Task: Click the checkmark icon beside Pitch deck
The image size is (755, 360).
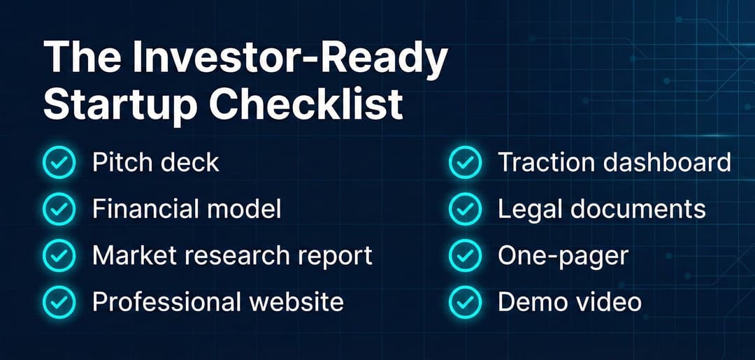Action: pos(59,163)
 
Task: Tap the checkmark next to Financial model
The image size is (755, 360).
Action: pos(59,209)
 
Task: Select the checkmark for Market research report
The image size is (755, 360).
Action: pos(59,255)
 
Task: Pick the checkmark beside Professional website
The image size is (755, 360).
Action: pos(59,301)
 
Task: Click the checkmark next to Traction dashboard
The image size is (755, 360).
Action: pos(465,163)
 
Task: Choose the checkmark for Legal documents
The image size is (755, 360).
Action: pos(465,209)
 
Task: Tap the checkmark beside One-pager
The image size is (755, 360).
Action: pos(465,255)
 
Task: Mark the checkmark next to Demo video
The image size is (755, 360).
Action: pos(465,301)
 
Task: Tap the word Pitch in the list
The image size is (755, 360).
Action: pos(120,163)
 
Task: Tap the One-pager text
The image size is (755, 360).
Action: pos(563,256)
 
